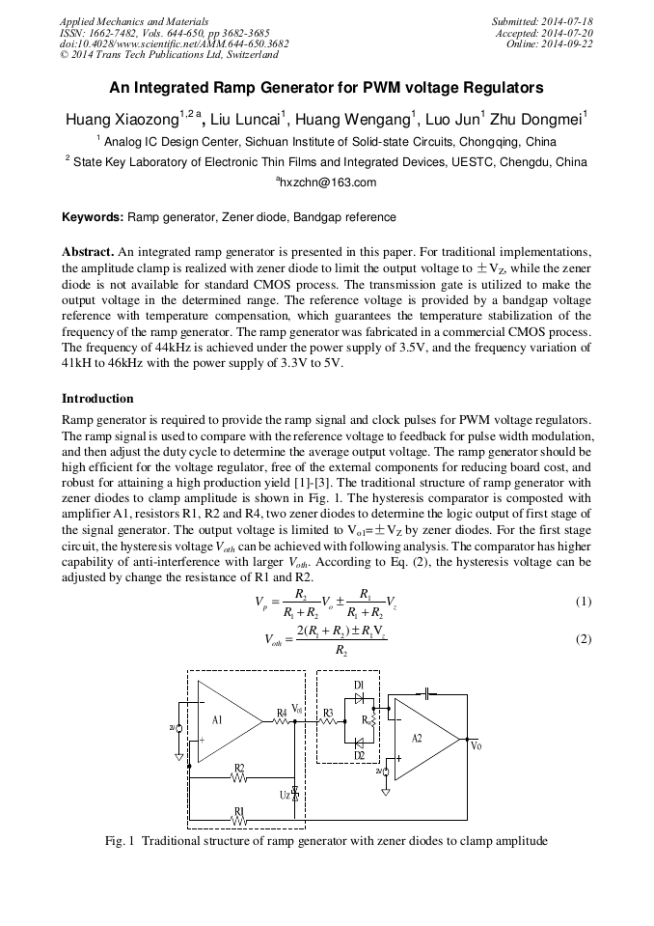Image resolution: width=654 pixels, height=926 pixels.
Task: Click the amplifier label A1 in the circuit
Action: [217, 719]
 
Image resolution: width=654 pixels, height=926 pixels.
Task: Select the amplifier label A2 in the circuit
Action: [417, 738]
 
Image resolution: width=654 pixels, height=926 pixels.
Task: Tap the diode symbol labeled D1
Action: [359, 697]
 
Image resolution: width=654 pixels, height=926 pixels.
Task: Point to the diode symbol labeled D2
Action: [359, 742]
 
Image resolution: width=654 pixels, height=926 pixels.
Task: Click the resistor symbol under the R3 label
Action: [328, 720]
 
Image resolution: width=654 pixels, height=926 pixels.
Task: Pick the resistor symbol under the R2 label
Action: [239, 776]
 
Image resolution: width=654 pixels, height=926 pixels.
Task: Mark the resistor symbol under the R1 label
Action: [239, 820]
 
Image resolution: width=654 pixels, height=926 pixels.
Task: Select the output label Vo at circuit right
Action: [476, 745]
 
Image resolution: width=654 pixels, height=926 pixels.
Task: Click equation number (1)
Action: [583, 602]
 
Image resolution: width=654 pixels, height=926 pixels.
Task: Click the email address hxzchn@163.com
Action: [326, 182]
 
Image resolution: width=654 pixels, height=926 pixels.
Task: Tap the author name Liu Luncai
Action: [248, 120]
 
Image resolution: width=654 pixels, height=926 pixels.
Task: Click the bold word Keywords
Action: [93, 218]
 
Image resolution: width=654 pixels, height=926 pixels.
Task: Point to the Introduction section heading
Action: [97, 399]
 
